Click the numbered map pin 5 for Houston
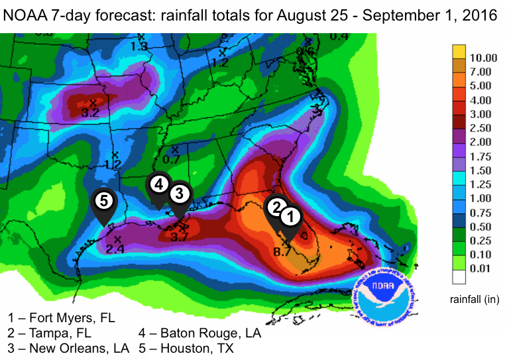pos(103,200)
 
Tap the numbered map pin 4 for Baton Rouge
pos(158,184)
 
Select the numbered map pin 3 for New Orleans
pos(180,194)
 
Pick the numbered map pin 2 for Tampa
pos(276,206)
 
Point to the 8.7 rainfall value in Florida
pos(282,251)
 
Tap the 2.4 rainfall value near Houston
pos(115,249)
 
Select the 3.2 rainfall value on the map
pos(90,113)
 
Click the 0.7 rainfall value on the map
pos(171,159)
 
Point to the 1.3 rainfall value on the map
pos(139,46)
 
